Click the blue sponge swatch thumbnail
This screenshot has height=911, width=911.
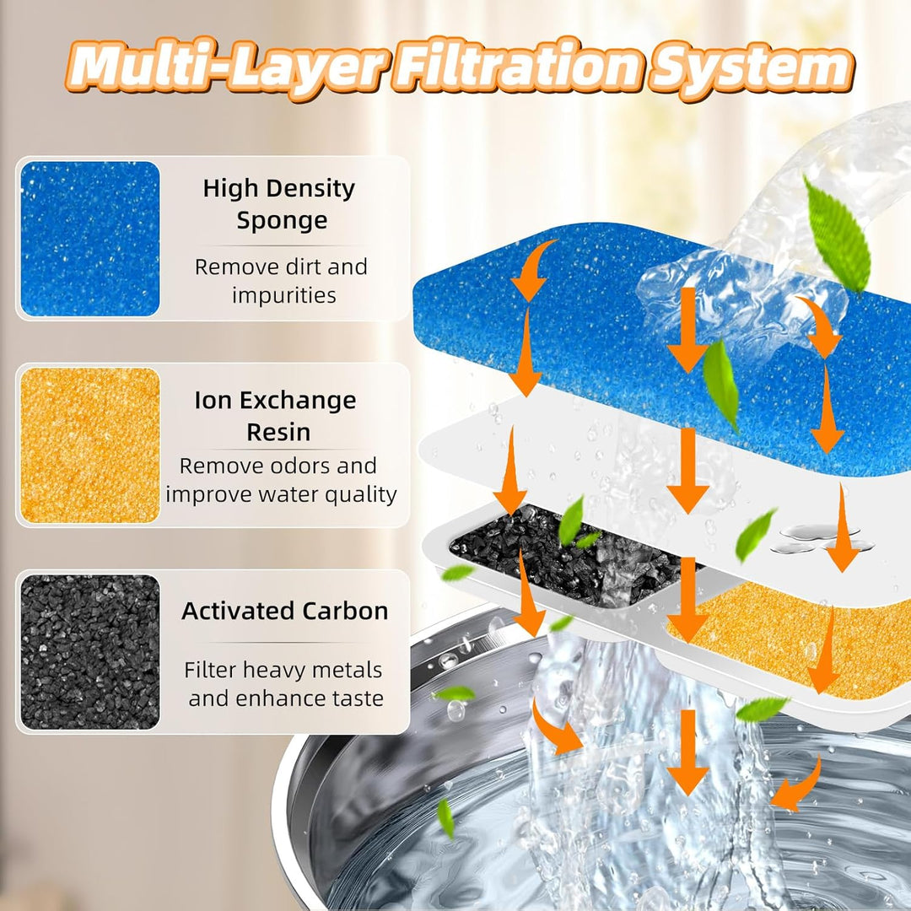pyautogui.click(x=90, y=239)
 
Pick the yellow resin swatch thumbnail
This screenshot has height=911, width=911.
pyautogui.click(x=90, y=445)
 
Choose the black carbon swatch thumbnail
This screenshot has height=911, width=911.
pyautogui.click(x=90, y=652)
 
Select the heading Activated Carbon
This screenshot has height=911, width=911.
pyautogui.click(x=285, y=611)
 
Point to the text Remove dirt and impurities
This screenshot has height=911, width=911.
pyautogui.click(x=282, y=281)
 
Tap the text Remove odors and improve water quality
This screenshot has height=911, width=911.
pyautogui.click(x=280, y=479)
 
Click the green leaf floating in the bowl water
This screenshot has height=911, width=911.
pyautogui.click(x=445, y=817)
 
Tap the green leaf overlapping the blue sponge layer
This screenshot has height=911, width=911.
pyautogui.click(x=720, y=385)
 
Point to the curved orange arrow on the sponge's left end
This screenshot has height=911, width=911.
pyautogui.click(x=533, y=268)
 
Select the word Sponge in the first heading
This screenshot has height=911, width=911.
pyautogui.click(x=282, y=221)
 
